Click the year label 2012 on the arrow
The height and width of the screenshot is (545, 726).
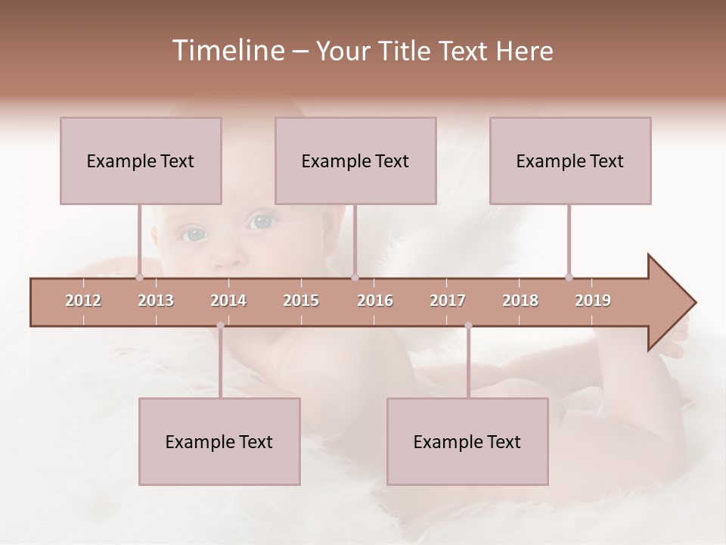[83, 301]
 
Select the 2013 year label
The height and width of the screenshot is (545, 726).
[156, 301]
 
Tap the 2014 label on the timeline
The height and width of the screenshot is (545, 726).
[228, 301]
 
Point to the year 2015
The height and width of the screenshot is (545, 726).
[301, 301]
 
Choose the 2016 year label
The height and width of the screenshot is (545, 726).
[375, 301]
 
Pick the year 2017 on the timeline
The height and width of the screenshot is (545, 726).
[448, 301]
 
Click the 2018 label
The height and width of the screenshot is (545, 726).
[520, 301]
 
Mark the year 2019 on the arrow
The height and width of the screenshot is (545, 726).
[593, 301]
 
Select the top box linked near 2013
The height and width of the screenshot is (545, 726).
[141, 160]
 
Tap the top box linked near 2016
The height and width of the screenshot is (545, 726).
[355, 160]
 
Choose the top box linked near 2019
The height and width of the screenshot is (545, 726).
[570, 160]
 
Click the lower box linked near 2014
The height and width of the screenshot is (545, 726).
[219, 441]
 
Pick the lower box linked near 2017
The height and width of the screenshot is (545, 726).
[467, 441]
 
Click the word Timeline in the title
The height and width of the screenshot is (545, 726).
[227, 51]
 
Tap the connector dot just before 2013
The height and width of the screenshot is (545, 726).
[139, 277]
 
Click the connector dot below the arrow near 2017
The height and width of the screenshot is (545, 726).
[468, 325]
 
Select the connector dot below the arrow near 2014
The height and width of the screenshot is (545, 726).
[220, 325]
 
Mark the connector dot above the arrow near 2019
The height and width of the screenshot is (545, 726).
[569, 277]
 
